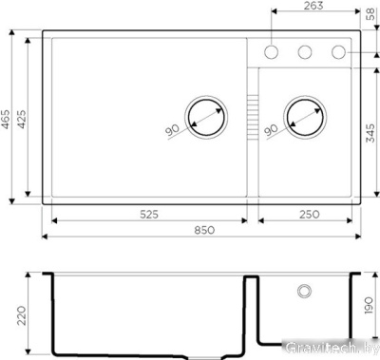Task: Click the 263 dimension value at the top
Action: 314,7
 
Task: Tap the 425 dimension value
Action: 28,118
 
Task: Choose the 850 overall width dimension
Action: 202,230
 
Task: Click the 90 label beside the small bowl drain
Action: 271,129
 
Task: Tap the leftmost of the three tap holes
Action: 273,51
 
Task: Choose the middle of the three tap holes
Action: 306,51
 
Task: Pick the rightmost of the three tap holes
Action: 338,51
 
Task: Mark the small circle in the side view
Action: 304,288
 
